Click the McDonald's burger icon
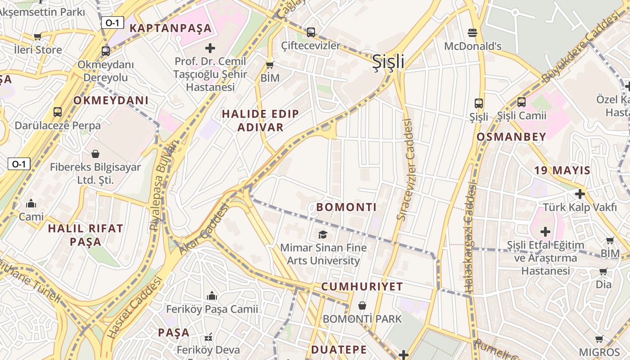coord(472,32)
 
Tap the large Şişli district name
coord(388,63)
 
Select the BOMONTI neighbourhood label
coord(346,207)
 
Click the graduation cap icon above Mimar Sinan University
coord(323,234)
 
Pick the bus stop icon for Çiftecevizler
coord(311,32)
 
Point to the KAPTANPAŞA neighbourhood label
coord(171,28)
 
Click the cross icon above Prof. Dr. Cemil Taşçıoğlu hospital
coord(210,48)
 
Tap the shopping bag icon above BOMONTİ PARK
coord(362,306)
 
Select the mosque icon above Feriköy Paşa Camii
coord(212,296)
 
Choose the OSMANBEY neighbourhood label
coord(511,137)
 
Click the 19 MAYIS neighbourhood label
coord(562,170)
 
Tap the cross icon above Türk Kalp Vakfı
coord(580,194)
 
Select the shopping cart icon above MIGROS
coord(599,339)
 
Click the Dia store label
coord(603,284)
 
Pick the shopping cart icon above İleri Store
coord(38,36)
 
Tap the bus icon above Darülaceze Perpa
coord(58,112)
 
